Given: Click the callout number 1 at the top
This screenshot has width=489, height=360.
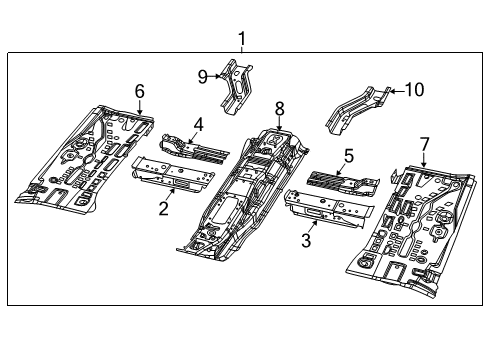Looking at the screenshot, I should [241, 39].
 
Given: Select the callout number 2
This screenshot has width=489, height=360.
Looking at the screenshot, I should [163, 209].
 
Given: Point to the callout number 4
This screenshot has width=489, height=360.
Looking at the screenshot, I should [198, 125].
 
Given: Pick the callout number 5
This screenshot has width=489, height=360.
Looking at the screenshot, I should [349, 156].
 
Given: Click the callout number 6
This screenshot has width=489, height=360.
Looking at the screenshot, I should [139, 91].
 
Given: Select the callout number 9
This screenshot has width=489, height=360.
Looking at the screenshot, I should [201, 75].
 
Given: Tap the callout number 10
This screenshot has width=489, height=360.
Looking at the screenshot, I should [413, 90].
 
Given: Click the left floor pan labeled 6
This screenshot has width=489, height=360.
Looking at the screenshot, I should [85, 160].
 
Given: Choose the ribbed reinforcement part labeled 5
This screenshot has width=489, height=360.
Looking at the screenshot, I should [340, 180].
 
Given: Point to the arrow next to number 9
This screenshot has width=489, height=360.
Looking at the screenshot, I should [214, 75].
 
